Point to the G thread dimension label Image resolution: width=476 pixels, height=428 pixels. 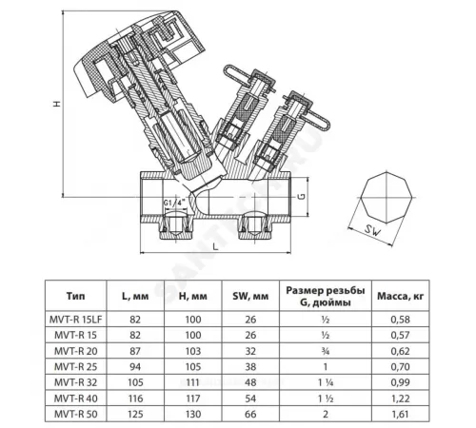pyautogui.click(x=327, y=198)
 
